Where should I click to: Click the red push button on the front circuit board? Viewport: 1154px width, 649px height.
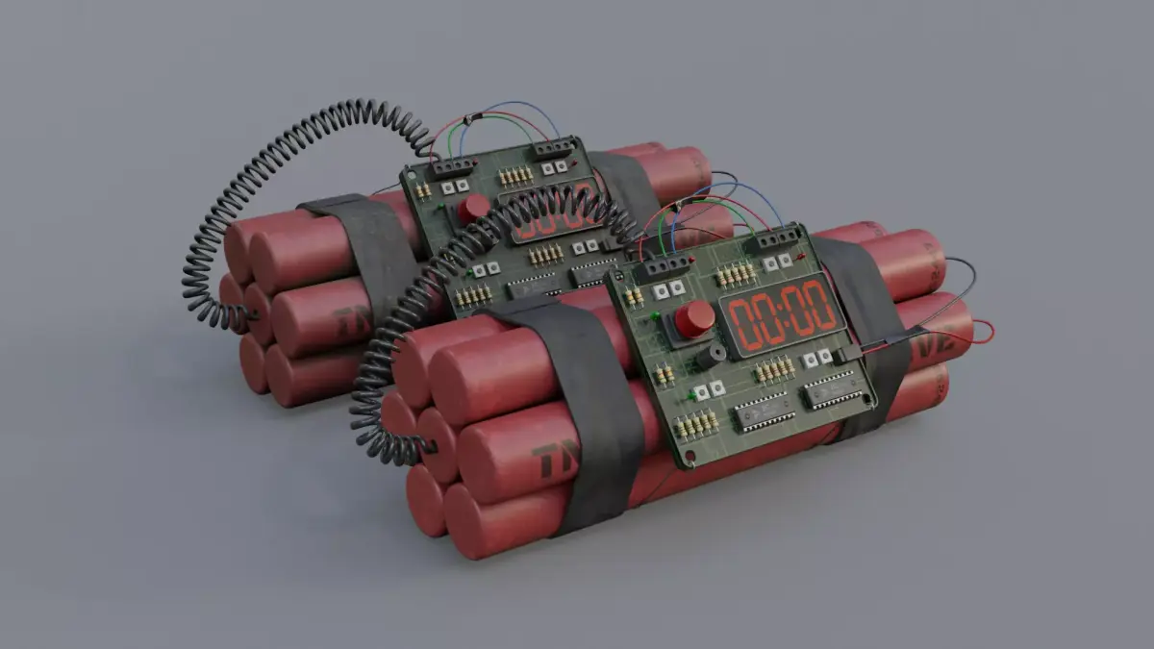[x=693, y=317]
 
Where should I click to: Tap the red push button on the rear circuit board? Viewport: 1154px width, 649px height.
[x=473, y=208]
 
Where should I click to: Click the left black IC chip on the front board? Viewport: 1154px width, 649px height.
[x=764, y=411]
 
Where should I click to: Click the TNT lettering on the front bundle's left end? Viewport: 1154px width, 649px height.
[x=556, y=461]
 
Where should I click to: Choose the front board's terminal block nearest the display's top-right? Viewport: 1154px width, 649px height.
[x=776, y=238]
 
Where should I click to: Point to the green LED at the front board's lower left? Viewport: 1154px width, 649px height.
[x=692, y=395]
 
